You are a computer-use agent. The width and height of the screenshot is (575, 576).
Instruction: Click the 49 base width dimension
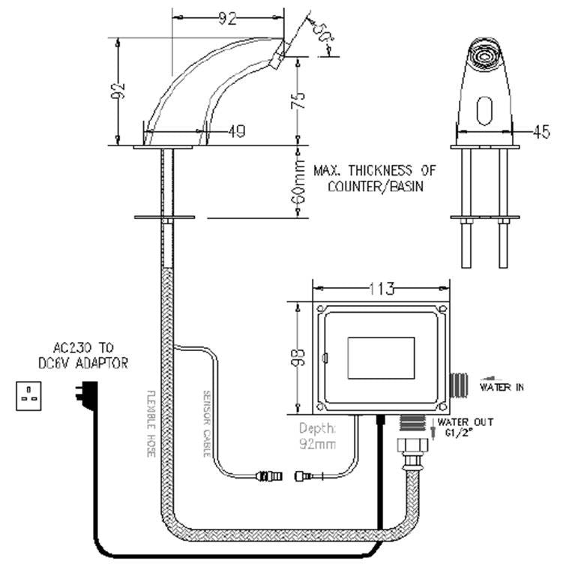click(235, 132)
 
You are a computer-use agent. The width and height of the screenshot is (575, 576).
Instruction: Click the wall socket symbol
click(28, 395)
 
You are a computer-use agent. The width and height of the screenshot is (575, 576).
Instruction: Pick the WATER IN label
click(501, 387)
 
